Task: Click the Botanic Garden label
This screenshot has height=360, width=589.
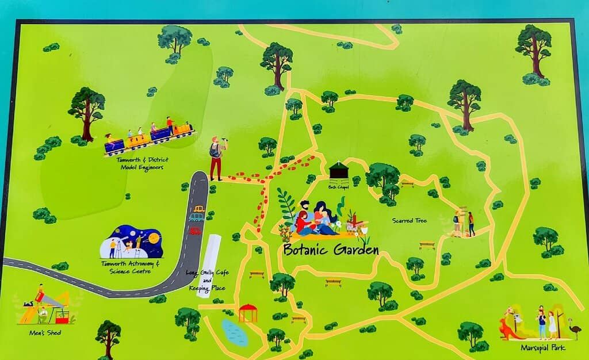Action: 331,250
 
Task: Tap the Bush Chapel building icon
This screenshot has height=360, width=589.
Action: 339,171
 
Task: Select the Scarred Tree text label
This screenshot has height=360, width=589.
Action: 409,220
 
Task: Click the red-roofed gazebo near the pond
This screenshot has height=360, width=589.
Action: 248,312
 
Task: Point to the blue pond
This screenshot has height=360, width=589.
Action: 234,332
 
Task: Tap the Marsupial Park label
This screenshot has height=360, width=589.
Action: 542,347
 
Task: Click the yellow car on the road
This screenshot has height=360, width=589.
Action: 199,209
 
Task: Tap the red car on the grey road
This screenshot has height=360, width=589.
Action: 195,231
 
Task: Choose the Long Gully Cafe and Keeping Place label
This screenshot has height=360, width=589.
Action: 206,280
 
